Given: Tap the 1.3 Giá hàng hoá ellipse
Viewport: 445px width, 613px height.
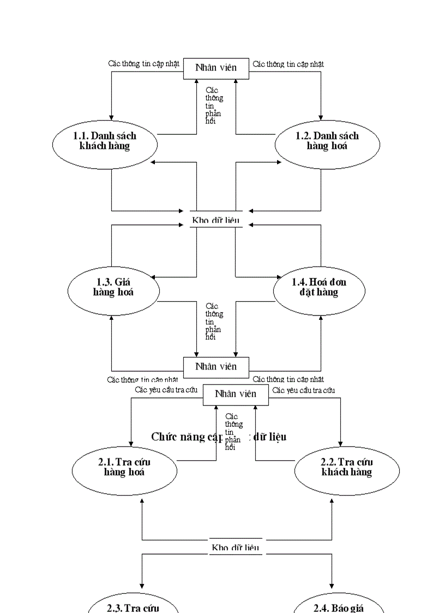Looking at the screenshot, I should pos(113,289).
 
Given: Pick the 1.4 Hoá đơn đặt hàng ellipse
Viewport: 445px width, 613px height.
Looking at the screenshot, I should pos(319,289).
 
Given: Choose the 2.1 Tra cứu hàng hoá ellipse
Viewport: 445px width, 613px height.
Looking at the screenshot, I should pos(124,470).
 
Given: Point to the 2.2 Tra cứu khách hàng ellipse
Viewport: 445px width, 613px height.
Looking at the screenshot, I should pos(347,470).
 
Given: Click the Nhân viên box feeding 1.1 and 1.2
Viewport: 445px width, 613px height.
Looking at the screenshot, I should pos(216,68).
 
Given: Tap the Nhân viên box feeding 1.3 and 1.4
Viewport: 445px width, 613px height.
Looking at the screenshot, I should pos(216,366).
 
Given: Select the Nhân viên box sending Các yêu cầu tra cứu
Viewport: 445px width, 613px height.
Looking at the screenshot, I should pos(236,394).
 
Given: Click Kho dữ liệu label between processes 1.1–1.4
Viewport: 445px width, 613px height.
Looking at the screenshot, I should pos(216,221).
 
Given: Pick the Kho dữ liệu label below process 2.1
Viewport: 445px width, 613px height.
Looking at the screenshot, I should pos(235,547).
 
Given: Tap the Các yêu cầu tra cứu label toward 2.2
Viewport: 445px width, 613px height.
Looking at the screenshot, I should pos(303,390).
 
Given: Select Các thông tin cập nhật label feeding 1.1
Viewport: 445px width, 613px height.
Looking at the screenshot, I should pos(143,63).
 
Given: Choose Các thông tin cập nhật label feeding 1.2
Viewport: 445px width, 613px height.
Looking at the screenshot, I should pos(288,63).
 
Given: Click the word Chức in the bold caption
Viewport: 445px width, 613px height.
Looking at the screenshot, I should pos(163,437).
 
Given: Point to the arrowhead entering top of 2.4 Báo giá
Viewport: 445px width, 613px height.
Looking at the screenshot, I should pos(332,585).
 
